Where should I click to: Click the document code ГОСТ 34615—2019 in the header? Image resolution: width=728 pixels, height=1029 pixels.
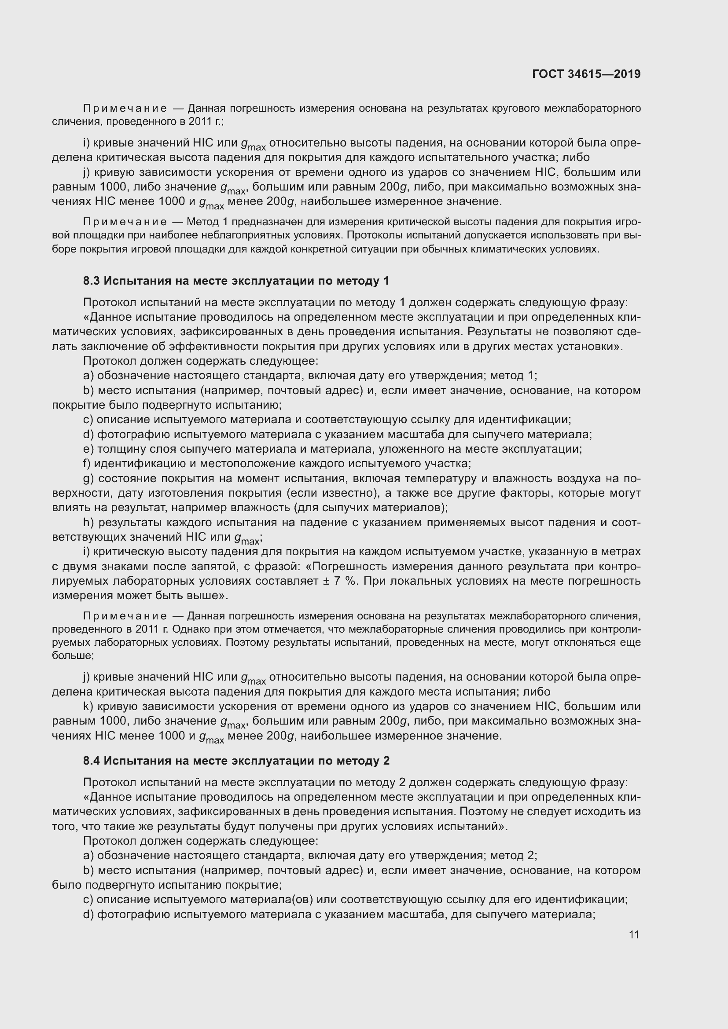pyautogui.click(x=586, y=74)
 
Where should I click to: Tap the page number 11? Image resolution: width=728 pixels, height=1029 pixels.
pyautogui.click(x=634, y=934)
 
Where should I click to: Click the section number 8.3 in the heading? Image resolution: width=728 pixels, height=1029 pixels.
pyautogui.click(x=92, y=281)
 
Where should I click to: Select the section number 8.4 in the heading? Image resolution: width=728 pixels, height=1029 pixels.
pyautogui.click(x=92, y=761)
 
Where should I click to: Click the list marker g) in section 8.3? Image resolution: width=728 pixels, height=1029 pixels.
pyautogui.click(x=88, y=479)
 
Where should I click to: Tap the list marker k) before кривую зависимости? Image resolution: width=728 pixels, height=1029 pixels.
pyautogui.click(x=88, y=707)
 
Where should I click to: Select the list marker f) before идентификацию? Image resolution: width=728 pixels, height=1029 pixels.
pyautogui.click(x=87, y=463)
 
